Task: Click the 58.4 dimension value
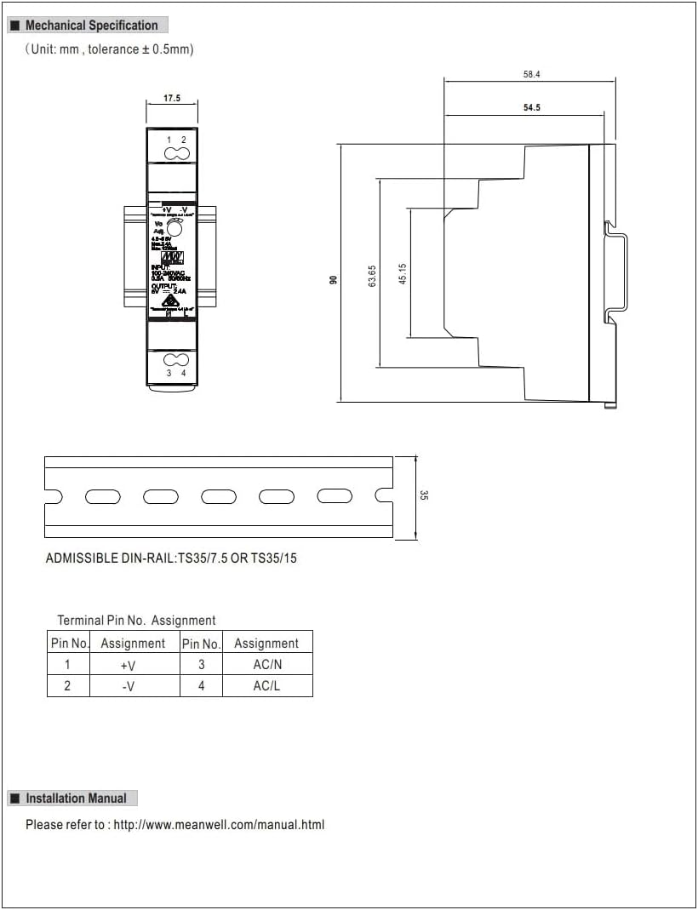pos(531,75)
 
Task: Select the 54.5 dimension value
pos(531,108)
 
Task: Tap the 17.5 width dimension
pos(172,99)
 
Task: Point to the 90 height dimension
pos(334,279)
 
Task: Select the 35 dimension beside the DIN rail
pos(424,495)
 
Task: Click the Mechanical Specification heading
pos(91,26)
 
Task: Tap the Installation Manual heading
pos(76,798)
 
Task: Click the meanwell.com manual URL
pos(219,824)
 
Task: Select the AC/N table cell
pos(266,665)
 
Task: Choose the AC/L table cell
pos(266,686)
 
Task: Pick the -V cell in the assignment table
pos(128,686)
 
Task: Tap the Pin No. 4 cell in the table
pos(201,686)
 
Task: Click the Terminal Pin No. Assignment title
pos(136,621)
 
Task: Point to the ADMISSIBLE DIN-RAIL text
pos(171,559)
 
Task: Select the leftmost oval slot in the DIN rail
pos(102,496)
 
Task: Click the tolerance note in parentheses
pos(109,49)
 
